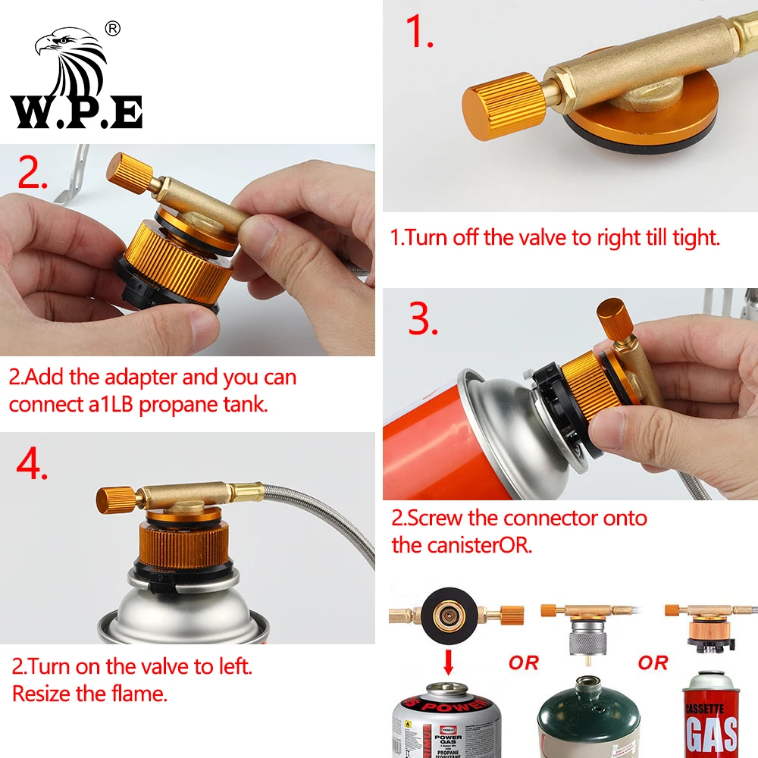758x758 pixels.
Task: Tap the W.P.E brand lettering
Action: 76,111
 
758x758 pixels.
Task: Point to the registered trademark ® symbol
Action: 114,29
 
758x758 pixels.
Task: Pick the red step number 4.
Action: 32,464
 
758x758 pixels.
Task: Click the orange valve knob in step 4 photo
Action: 115,499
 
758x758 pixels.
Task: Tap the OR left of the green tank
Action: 523,663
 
